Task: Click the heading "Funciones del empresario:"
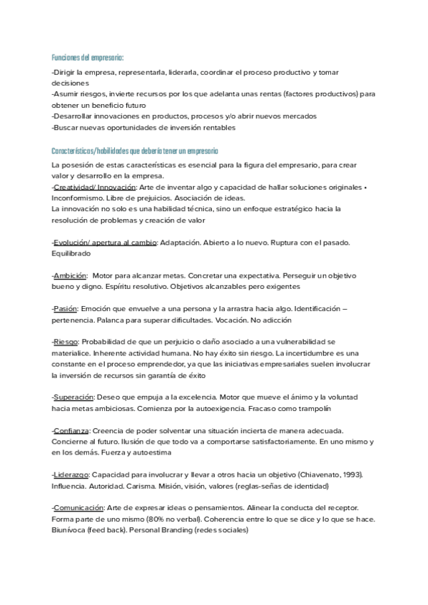pos(88,56)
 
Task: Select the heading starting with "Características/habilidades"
pos(135,151)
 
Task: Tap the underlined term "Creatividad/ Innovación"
pos(95,187)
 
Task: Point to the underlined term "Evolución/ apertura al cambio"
pos(105,243)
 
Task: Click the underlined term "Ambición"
pos(71,275)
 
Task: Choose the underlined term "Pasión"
pos(65,308)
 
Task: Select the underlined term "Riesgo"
pos(66,342)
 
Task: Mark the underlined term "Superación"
pos(74,397)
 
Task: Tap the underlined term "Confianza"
pos(71,430)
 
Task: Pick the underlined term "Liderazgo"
pos(71,474)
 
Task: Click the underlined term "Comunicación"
pos(78,507)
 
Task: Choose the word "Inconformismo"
pos(80,198)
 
